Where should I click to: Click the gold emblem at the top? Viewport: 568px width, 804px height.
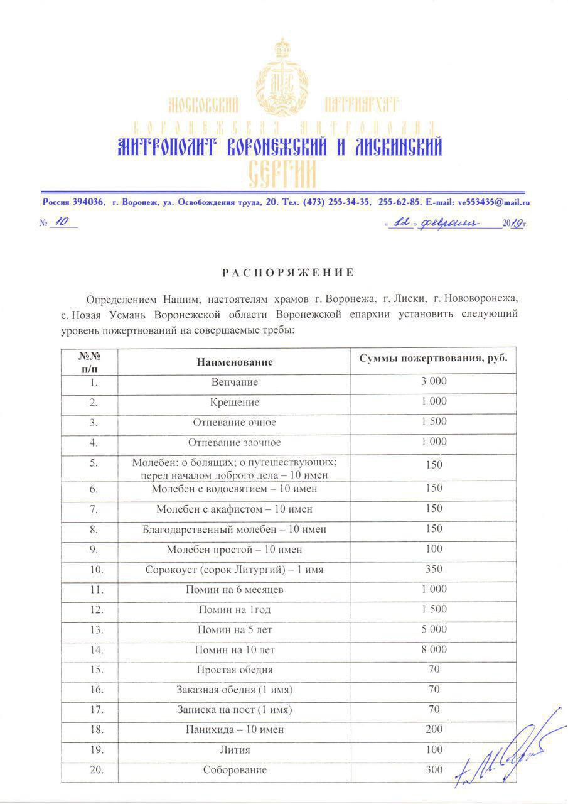(282, 75)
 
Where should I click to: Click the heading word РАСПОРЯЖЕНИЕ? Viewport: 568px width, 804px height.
(287, 273)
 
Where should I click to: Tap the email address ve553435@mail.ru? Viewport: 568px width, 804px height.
(495, 202)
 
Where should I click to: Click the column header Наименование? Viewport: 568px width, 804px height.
(234, 362)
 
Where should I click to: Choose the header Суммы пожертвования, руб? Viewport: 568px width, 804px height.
(433, 358)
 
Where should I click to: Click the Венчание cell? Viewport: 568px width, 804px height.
(234, 382)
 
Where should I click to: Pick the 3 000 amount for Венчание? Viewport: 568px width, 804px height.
(434, 381)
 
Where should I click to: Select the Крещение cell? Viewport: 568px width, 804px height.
(234, 402)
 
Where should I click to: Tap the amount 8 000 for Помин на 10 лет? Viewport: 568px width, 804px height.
(434, 649)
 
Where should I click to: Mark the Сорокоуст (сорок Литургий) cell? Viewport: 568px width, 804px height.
(234, 570)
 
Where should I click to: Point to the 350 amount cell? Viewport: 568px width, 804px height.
(434, 569)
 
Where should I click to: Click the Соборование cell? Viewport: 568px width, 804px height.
(234, 770)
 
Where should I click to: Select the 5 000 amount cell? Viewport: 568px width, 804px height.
(434, 629)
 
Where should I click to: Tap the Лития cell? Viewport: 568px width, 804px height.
(234, 750)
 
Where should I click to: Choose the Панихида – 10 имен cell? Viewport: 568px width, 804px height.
(234, 730)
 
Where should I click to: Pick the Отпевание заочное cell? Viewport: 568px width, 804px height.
(234, 443)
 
